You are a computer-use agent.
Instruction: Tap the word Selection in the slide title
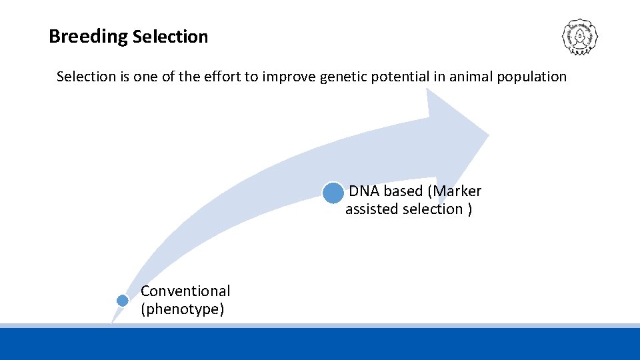(x=170, y=37)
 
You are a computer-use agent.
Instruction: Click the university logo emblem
(x=579, y=37)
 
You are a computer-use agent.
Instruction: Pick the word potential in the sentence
(x=405, y=77)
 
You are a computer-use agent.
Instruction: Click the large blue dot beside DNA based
(x=333, y=193)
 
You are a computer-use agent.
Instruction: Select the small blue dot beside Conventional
(x=122, y=301)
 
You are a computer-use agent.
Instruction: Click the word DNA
(x=364, y=191)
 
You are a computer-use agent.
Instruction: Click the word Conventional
(x=185, y=291)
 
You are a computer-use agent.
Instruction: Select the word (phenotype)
(x=182, y=309)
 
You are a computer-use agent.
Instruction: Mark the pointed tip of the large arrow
(x=489, y=136)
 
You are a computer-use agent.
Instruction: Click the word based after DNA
(x=403, y=191)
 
